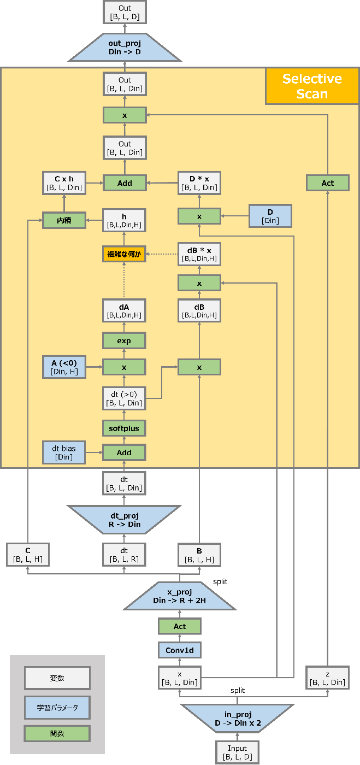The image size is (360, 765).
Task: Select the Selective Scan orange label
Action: pos(312,86)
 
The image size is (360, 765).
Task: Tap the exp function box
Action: pos(125,341)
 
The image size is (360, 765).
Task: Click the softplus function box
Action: pos(125,428)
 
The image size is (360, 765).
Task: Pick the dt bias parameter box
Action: pos(64,452)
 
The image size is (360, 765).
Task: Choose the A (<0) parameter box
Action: pos(64,367)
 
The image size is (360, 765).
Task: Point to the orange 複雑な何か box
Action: pos(124,254)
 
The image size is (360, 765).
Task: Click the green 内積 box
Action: pos(64,220)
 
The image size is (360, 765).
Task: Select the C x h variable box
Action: pos(64,183)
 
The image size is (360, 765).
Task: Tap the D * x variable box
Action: pos(199,183)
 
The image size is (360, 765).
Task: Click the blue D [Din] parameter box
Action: pos(270,216)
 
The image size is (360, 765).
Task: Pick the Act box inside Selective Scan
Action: pos(327,183)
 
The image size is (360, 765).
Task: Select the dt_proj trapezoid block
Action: pos(125,520)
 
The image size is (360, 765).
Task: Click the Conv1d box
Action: pos(180,650)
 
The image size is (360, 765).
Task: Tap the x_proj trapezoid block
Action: pos(180,596)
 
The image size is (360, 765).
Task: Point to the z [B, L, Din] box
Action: pos(327,677)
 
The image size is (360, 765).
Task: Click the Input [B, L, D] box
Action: pos(237,752)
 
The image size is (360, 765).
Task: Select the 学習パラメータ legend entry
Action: pos(57,707)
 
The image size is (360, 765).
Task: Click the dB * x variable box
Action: pos(199,254)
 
